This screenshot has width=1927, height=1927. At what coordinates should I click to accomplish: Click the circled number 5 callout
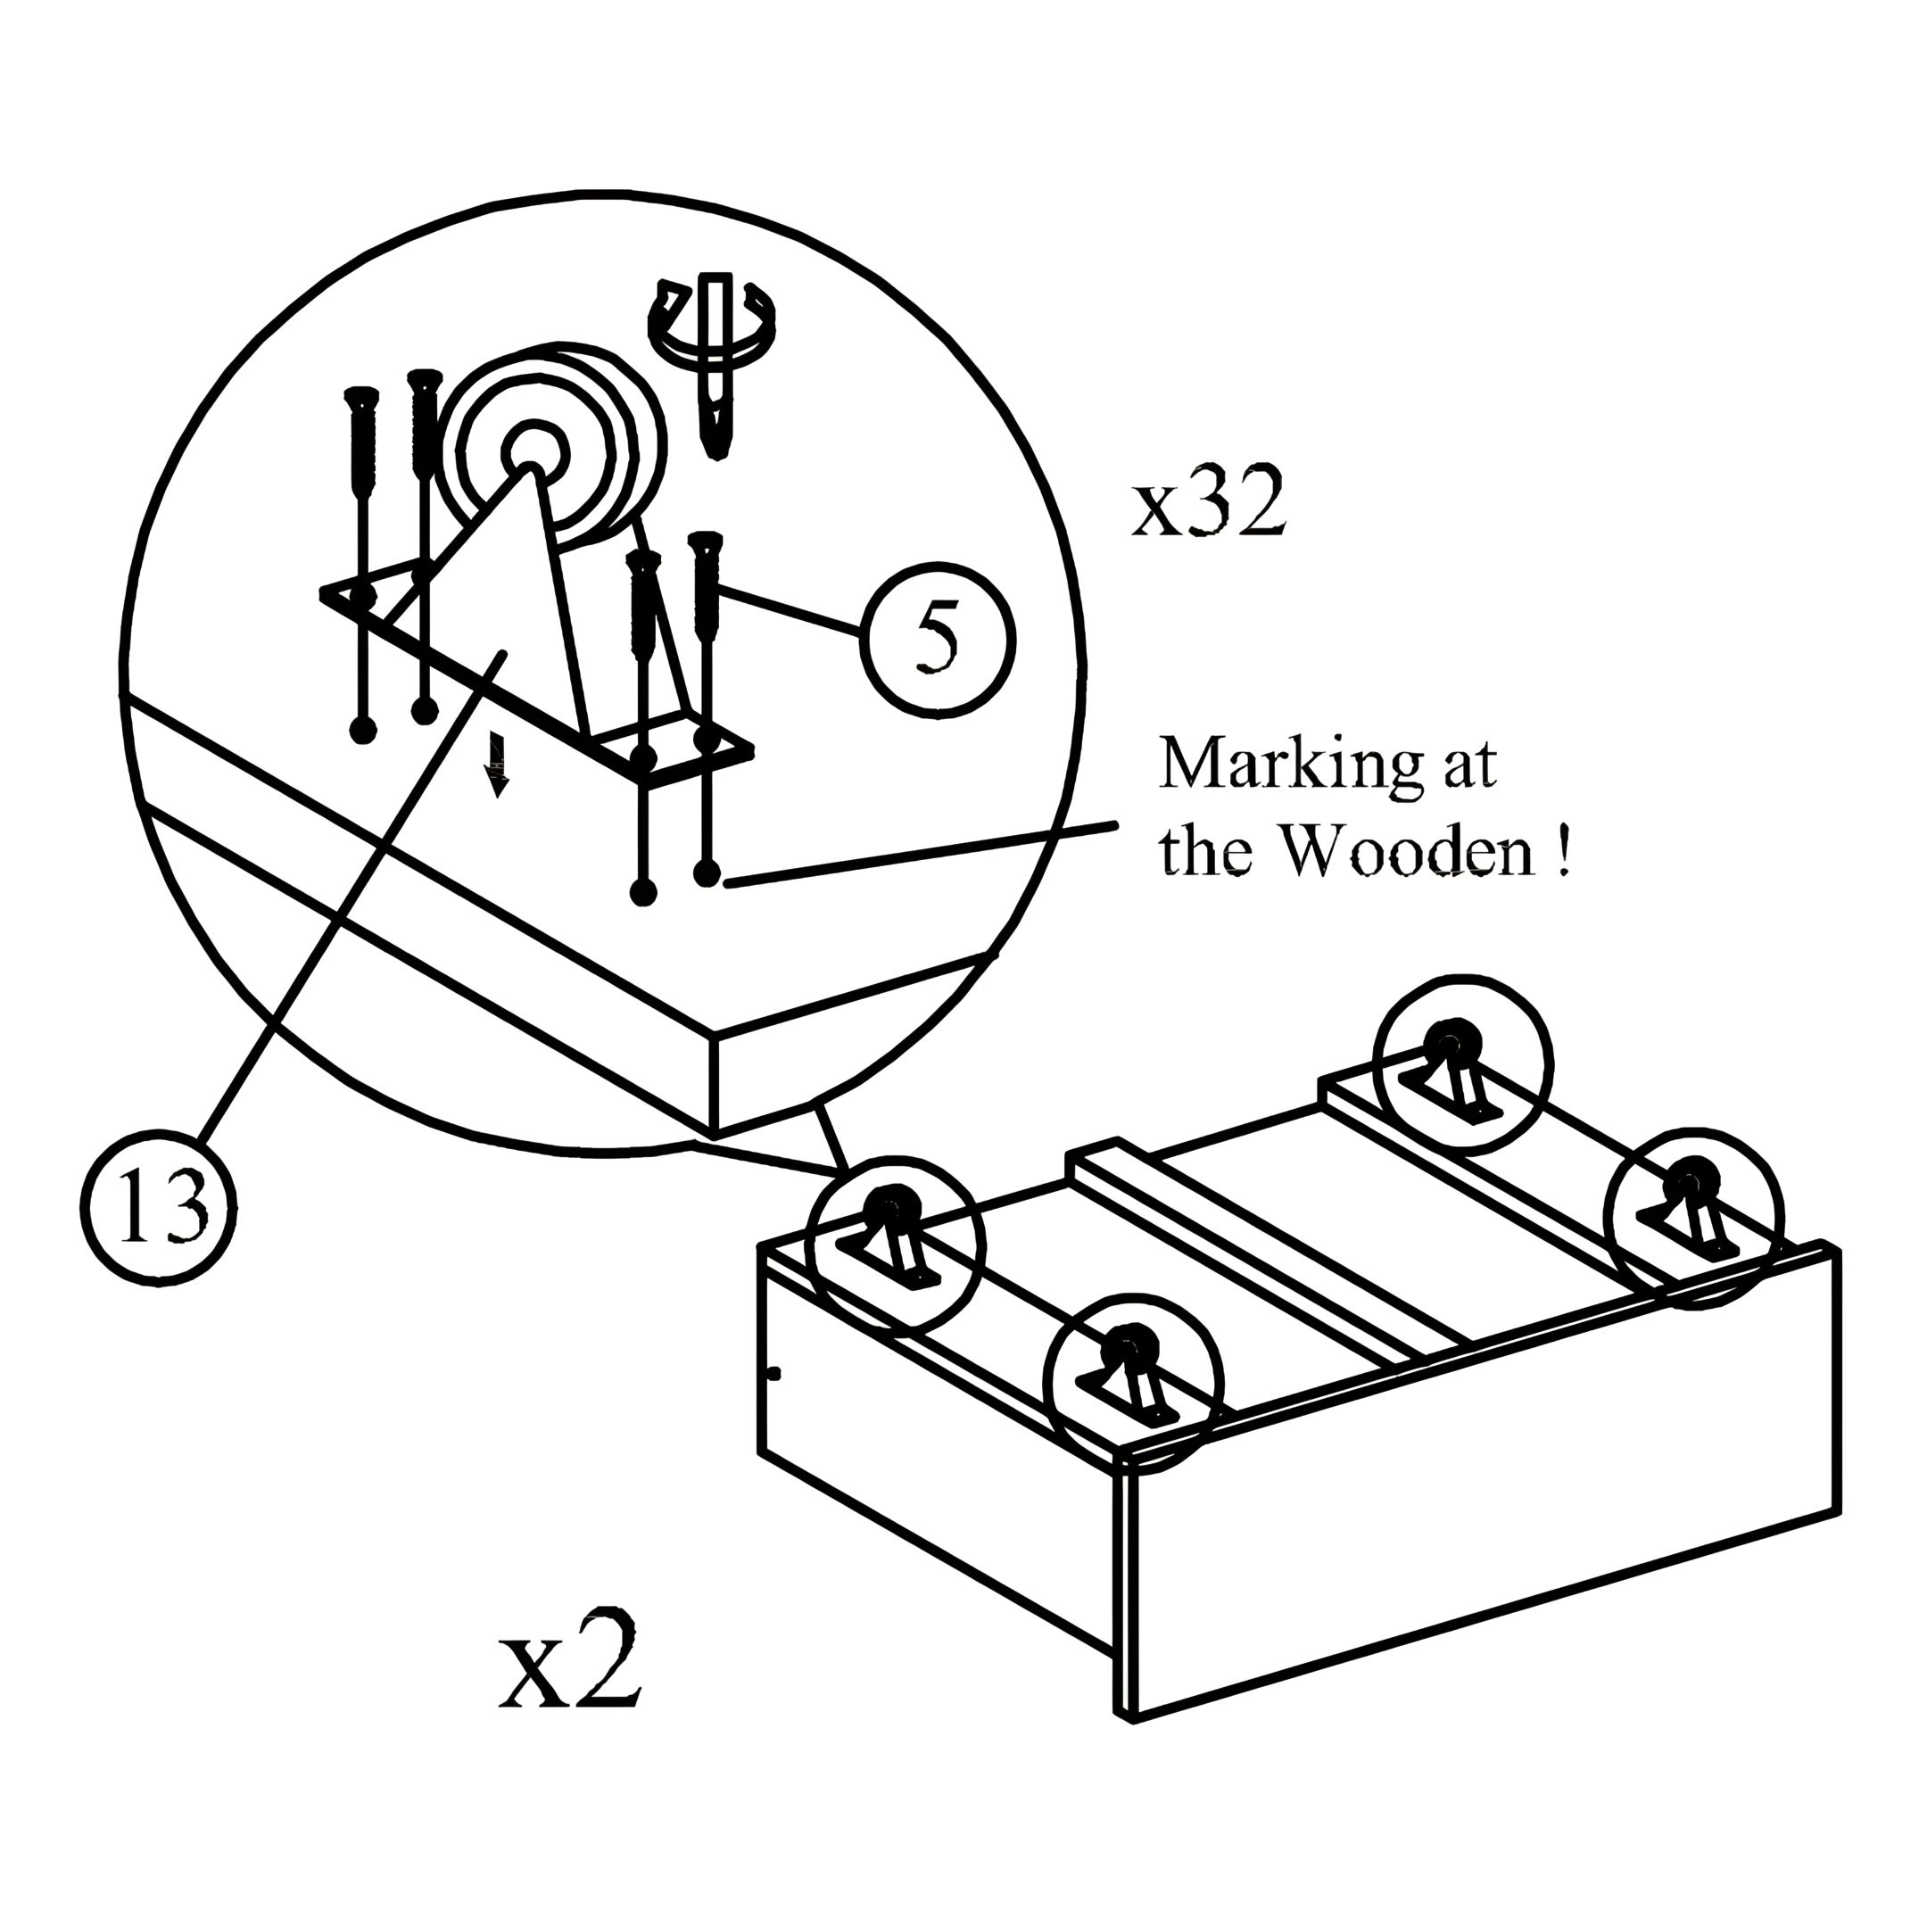(937, 641)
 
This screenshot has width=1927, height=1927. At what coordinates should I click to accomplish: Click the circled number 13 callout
(159, 1209)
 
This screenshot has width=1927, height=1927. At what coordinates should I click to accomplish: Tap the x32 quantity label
(1208, 508)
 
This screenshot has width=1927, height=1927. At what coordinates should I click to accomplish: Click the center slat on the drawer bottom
(1267, 1252)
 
